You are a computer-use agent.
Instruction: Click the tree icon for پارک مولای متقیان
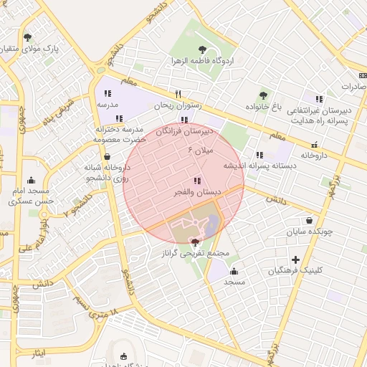[x=28, y=37]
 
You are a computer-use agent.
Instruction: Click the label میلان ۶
[x=201, y=151]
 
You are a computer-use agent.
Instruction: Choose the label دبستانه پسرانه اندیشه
[x=260, y=166]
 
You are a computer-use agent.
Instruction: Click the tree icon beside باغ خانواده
[x=263, y=95]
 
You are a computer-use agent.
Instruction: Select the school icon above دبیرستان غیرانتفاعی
[x=319, y=99]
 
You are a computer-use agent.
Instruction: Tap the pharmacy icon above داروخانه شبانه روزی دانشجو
[x=107, y=156]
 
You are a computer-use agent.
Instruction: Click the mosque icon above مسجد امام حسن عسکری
[x=30, y=181]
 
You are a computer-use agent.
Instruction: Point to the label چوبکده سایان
[x=308, y=232]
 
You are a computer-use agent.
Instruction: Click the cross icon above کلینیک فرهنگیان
[x=295, y=259]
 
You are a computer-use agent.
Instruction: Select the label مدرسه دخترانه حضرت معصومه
[x=119, y=134]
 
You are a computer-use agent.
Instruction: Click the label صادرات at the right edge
[x=353, y=86]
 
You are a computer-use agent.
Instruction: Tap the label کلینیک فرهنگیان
[x=295, y=270]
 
